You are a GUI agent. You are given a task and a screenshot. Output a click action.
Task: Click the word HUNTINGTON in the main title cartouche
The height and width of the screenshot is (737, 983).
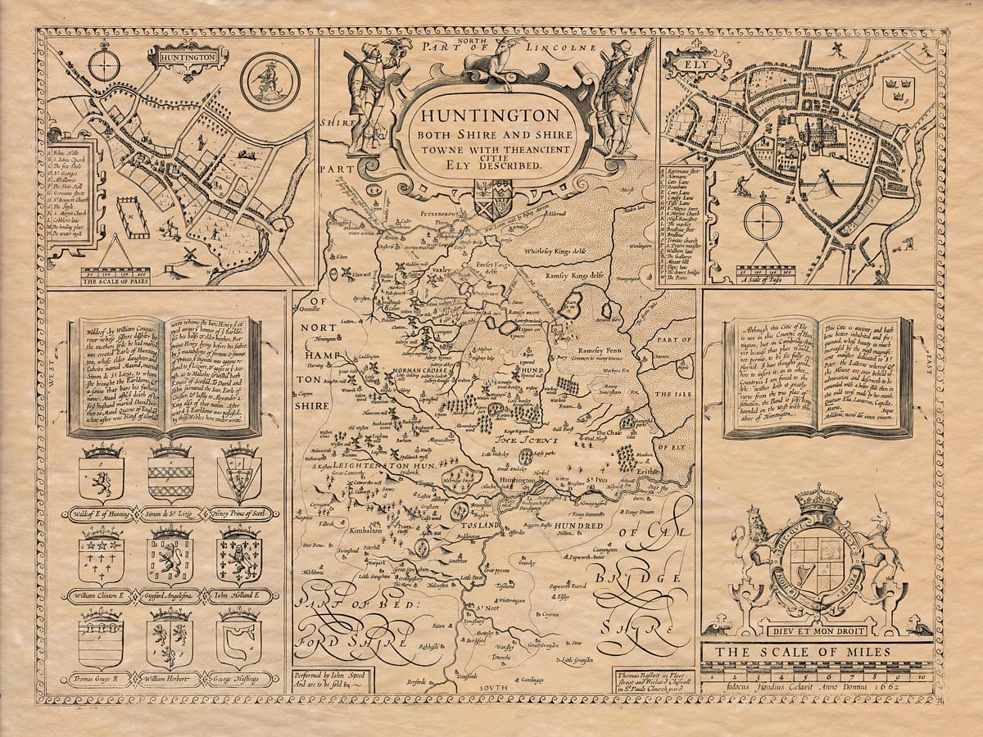tap(491, 115)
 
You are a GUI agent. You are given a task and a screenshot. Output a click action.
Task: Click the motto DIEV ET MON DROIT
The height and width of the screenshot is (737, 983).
tap(818, 631)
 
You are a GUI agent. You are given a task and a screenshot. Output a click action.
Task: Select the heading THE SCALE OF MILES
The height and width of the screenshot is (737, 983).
tap(816, 653)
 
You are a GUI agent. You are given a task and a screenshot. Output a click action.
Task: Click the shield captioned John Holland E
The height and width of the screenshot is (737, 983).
tap(238, 558)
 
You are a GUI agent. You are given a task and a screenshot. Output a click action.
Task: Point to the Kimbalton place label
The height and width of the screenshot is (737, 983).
tap(366, 531)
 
